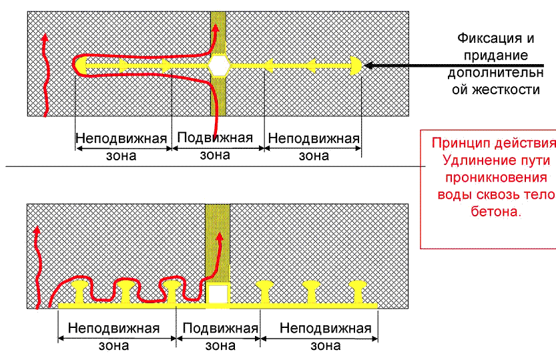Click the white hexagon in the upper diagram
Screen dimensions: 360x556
coord(218,65)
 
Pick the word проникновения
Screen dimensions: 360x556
coord(495,178)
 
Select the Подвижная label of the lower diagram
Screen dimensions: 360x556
coord(220,329)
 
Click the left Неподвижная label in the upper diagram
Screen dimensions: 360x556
coord(121,138)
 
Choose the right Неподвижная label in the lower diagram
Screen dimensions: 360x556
coord(325,329)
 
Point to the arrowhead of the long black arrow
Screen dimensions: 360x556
coord(369,65)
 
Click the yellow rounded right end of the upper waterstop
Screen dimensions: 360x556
coord(356,65)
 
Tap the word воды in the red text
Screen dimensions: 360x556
coord(453,194)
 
